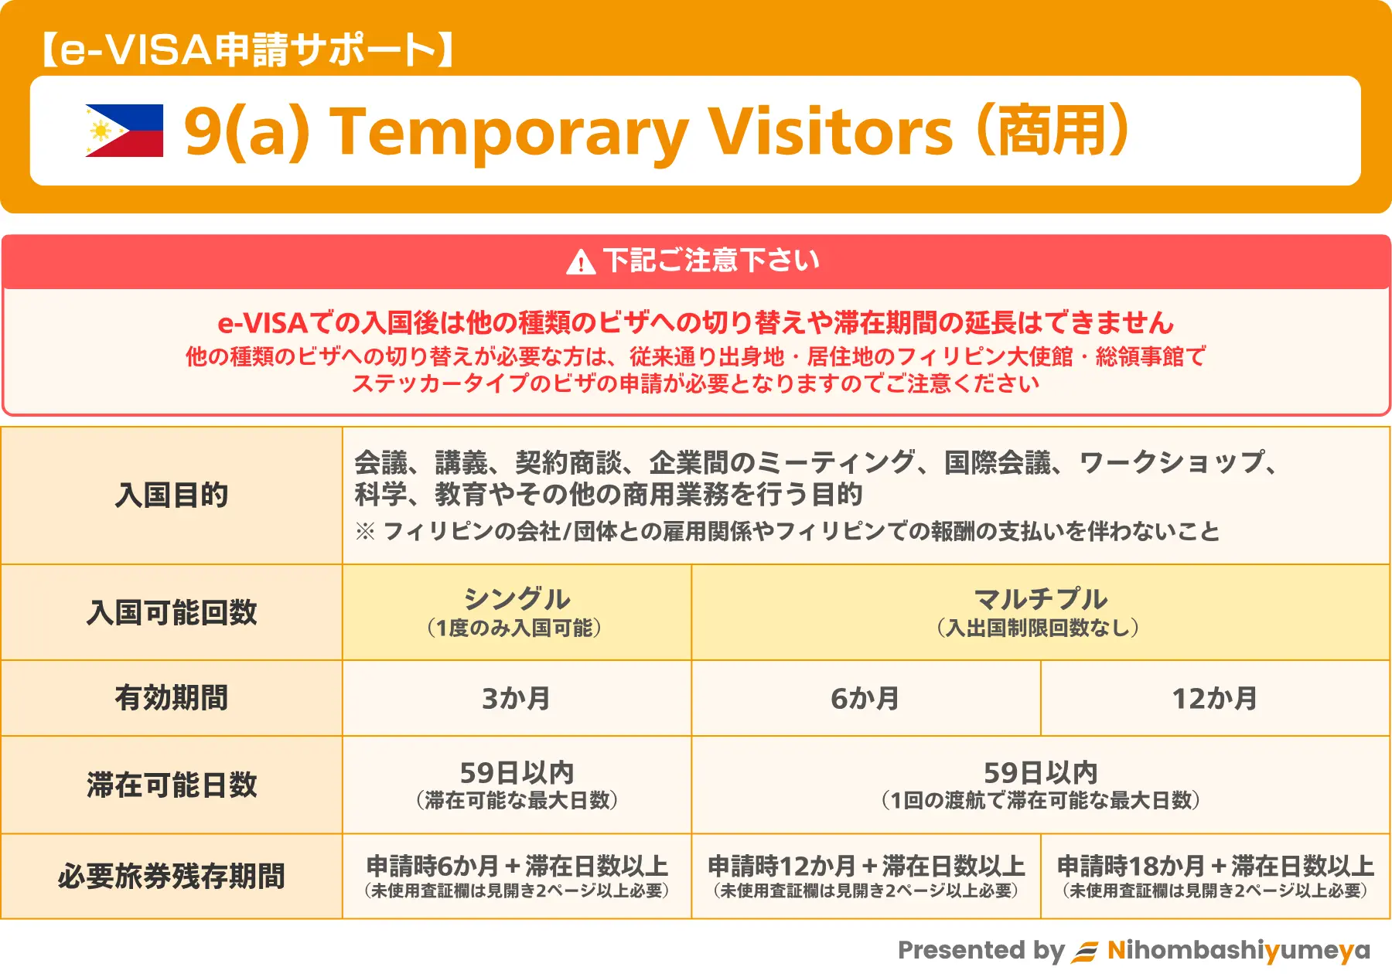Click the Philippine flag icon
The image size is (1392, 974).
point(125,131)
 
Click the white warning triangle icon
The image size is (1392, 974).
point(581,262)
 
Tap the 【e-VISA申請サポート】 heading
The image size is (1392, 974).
point(247,50)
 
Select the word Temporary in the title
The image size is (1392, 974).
point(508,131)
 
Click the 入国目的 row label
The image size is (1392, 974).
point(172,495)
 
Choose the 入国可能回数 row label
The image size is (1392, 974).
point(172,612)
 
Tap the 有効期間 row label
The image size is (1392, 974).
point(172,697)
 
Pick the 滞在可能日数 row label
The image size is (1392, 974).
point(172,785)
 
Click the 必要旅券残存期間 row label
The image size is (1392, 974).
point(172,877)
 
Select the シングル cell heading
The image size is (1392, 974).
point(517,599)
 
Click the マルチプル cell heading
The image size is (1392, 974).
point(1040,599)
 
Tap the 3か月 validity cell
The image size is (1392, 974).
point(517,698)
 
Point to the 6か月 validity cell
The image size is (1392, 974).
point(865,698)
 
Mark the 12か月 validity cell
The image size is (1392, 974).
point(1215,698)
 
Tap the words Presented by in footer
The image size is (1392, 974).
point(981,950)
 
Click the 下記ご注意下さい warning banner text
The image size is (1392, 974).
point(711,261)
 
